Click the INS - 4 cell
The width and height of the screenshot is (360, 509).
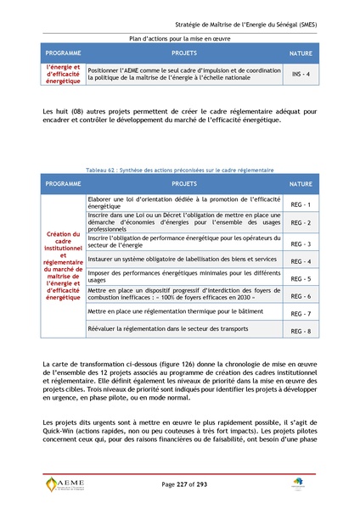pyautogui.click(x=301, y=75)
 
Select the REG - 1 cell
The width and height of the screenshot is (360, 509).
pyautogui.click(x=301, y=204)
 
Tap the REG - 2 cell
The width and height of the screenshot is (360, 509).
pyautogui.click(x=301, y=223)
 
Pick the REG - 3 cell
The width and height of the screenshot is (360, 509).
pyautogui.click(x=301, y=243)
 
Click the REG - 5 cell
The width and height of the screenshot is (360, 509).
pyautogui.click(x=301, y=278)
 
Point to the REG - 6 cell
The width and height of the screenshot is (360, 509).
pyautogui.click(x=301, y=296)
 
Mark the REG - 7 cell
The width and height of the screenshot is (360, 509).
pyautogui.click(x=301, y=314)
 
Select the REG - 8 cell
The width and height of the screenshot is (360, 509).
pyautogui.click(x=301, y=331)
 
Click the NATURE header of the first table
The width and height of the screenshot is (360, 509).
pyautogui.click(x=301, y=53)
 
